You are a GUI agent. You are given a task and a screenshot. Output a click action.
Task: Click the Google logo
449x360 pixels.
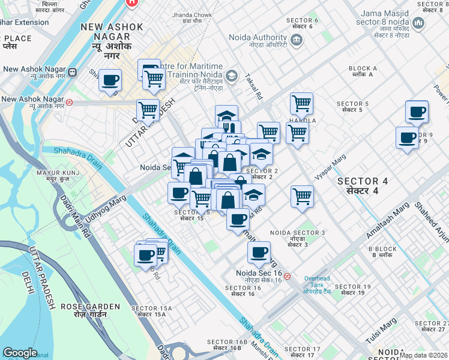coord(20,353)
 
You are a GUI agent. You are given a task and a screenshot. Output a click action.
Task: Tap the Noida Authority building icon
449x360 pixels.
coord(296,39)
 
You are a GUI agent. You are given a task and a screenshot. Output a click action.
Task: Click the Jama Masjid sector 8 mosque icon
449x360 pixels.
coord(418,23)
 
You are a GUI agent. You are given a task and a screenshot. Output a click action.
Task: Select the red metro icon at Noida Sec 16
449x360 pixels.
coord(288,277)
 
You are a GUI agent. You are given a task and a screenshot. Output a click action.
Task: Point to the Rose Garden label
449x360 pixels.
coord(83,310)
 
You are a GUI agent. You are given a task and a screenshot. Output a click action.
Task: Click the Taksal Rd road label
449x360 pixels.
coord(255,88)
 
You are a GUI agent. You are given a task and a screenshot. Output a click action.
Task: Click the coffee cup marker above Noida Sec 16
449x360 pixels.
coord(259,253)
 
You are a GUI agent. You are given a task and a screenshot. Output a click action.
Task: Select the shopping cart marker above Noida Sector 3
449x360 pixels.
coord(302,196)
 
